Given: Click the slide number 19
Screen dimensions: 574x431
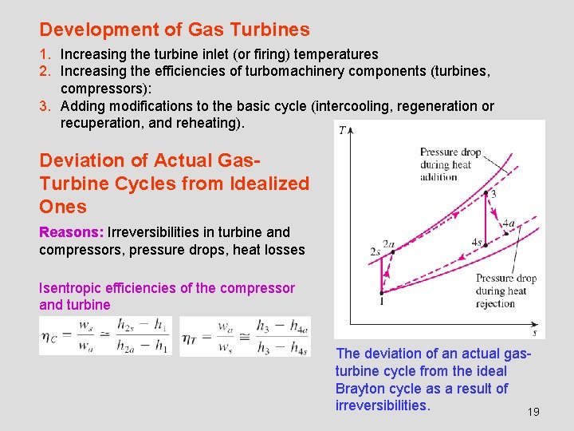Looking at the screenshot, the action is tap(533, 412).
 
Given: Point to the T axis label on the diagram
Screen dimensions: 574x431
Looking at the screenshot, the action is tap(342, 130).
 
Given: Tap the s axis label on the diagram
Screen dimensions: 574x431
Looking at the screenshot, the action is tap(534, 332).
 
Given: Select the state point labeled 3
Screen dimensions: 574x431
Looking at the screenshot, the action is tap(486, 192).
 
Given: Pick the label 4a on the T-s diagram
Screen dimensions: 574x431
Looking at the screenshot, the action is tap(509, 224).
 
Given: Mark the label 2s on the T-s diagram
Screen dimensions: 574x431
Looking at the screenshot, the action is tap(374, 251).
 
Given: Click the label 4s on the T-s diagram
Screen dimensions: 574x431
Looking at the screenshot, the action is tap(477, 242).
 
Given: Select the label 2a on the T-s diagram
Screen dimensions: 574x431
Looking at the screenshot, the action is tap(389, 243).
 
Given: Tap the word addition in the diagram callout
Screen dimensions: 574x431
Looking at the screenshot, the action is tap(438, 177).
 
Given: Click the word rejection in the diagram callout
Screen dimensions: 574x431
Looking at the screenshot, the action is tap(496, 303).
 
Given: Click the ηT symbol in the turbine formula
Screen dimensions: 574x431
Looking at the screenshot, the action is tap(191, 337).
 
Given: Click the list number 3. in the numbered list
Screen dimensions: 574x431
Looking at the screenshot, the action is tap(46, 106).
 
